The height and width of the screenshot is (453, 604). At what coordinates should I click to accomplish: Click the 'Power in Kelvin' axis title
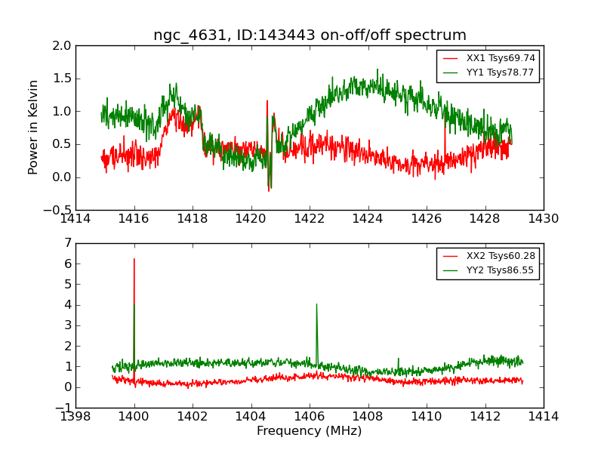33,127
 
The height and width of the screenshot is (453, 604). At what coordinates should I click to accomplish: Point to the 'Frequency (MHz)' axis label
309,431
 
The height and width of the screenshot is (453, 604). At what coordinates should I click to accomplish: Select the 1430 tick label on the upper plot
543,219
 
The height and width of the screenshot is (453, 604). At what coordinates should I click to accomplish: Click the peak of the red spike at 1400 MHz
134,259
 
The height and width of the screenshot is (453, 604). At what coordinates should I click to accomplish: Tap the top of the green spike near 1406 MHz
316,304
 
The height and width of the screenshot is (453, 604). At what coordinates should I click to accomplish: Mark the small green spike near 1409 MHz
398,359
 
